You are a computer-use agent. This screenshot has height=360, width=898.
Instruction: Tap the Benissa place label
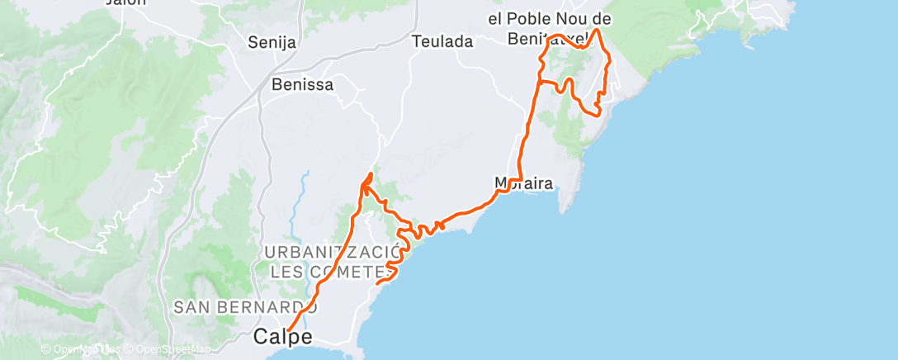(302, 84)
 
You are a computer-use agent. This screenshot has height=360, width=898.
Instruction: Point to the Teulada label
(442, 41)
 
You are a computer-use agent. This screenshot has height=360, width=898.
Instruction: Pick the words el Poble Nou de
(560, 19)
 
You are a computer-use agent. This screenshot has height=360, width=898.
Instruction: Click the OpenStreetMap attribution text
(173, 349)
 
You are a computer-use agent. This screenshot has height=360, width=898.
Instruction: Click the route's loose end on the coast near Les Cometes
(378, 284)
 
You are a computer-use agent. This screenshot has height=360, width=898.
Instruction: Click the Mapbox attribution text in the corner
(78, 349)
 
